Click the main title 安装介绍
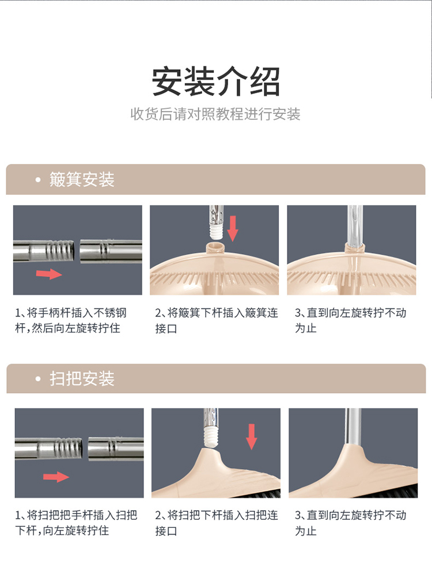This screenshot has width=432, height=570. pyautogui.click(x=216, y=81)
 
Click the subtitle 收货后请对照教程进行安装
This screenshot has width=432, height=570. pyautogui.click(x=215, y=114)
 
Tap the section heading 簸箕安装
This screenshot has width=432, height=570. pyautogui.click(x=82, y=180)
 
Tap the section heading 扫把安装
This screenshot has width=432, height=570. pyautogui.click(x=82, y=379)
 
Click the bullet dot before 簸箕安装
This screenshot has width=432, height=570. pyautogui.click(x=38, y=180)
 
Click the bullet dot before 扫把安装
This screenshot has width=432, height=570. pyautogui.click(x=38, y=379)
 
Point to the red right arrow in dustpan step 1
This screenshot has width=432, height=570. pyautogui.click(x=49, y=274)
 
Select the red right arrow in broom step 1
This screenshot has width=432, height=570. pyautogui.click(x=56, y=477)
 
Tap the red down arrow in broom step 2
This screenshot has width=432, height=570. pyautogui.click(x=252, y=437)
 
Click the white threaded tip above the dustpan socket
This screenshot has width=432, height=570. pyautogui.click(x=216, y=232)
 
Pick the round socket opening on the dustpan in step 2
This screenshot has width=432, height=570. pyautogui.click(x=215, y=248)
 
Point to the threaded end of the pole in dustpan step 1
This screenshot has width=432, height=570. pyautogui.click(x=60, y=251)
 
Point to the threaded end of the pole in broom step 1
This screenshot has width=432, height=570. pyautogui.click(x=69, y=448)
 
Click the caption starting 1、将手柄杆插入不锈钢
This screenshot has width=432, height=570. pyautogui.click(x=71, y=320)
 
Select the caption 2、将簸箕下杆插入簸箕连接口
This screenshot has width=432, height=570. pyautogui.click(x=217, y=320)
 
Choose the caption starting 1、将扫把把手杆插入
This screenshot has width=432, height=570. pyautogui.click(x=76, y=523)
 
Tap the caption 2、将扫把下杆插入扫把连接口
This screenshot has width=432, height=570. pyautogui.click(x=217, y=523)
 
